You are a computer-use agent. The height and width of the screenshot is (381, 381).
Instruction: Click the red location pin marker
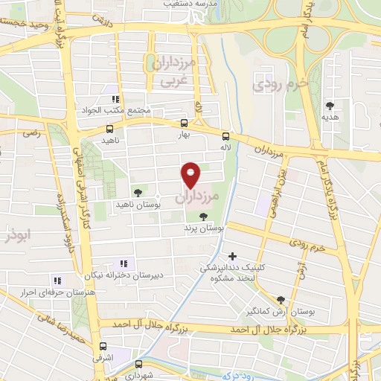coord(192,175)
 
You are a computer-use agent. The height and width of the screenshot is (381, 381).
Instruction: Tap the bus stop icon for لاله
coord(225,135)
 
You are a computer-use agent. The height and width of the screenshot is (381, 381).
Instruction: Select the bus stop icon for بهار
coord(184,124)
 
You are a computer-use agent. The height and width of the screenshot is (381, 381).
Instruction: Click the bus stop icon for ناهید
coord(110,129)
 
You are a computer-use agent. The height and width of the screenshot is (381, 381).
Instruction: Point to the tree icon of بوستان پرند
coord(202,217)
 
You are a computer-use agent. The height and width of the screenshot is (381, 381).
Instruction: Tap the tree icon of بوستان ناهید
coord(136,191)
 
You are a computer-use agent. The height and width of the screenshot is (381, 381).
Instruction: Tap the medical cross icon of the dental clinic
coord(233,257)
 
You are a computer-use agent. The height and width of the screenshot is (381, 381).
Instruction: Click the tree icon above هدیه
coord(330,106)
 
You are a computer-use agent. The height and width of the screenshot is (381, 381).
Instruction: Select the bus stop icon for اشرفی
coord(103,346)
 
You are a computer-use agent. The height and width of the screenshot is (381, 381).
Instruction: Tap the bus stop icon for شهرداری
coord(138,364)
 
